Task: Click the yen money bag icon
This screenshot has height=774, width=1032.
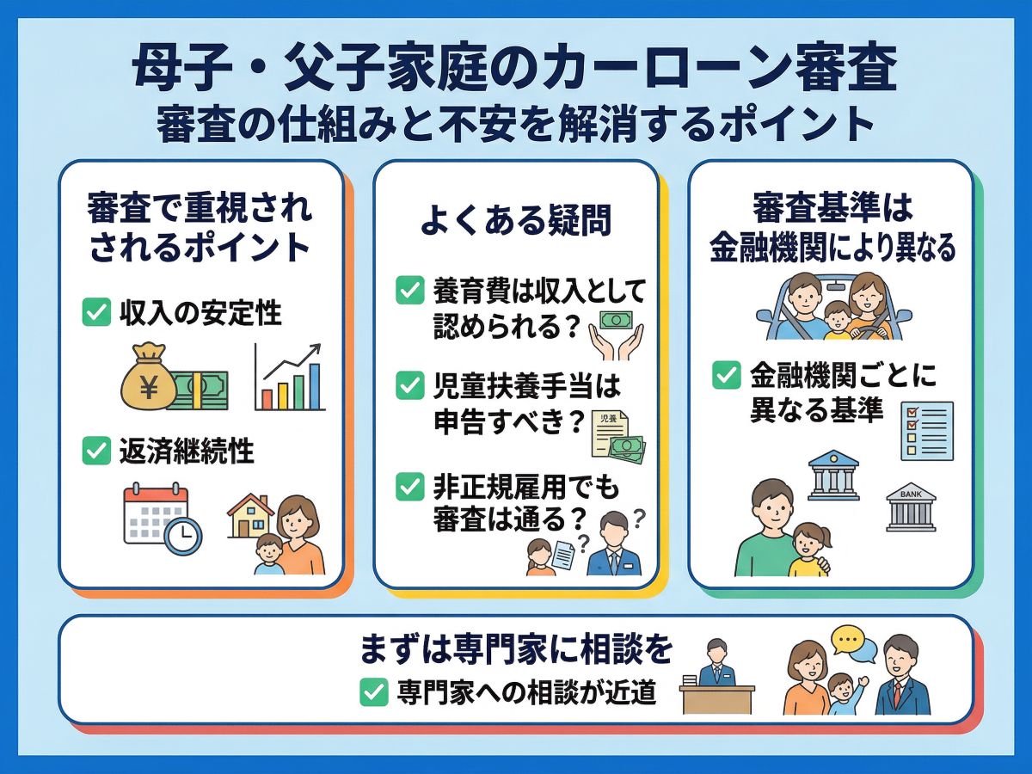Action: tap(148, 376)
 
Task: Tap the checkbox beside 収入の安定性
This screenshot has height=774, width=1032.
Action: tap(96, 312)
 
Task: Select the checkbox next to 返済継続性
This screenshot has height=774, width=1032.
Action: tap(96, 451)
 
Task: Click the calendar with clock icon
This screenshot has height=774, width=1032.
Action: tap(163, 519)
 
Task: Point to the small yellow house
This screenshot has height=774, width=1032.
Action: tap(249, 516)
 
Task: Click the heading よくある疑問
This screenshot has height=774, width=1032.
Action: tap(516, 219)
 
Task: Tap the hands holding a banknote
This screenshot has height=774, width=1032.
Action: tap(617, 335)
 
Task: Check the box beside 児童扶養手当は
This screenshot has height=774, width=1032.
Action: tap(410, 385)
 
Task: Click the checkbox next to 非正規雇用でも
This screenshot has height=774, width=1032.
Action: tap(410, 488)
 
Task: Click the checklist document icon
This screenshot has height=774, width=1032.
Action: tap(927, 431)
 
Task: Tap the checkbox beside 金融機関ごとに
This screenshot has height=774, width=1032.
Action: tap(727, 375)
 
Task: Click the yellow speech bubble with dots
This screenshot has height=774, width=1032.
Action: tap(849, 640)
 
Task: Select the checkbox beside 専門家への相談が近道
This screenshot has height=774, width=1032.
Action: tap(374, 691)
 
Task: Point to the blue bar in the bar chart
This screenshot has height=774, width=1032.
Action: tap(315, 386)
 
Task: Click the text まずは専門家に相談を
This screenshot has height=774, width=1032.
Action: tap(516, 649)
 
